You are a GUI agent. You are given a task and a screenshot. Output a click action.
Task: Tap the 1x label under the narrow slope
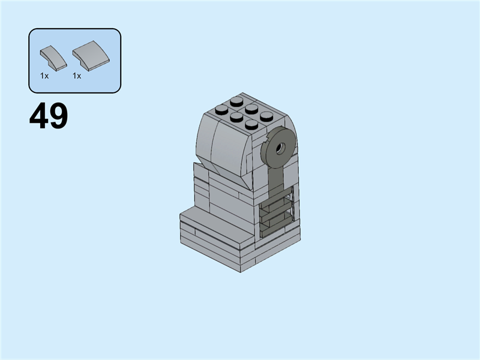[44, 76]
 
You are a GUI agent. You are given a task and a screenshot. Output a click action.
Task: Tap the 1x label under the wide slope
[77, 76]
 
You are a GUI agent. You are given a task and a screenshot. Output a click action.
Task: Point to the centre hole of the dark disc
[280, 146]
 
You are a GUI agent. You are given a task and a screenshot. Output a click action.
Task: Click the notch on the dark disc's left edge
[266, 143]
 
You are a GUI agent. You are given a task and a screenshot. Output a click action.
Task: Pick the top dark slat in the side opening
[275, 199]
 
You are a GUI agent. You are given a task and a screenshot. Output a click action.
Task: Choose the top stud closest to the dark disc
[266, 115]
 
